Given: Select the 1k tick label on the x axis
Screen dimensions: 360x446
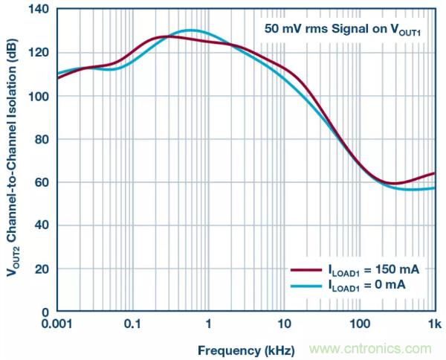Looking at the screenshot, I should (x=433, y=324).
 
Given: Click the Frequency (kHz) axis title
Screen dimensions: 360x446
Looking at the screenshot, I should (x=246, y=349).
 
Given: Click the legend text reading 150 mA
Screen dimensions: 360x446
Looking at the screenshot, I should (x=372, y=271).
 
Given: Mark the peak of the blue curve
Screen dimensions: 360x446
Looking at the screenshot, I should (x=191, y=30).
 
